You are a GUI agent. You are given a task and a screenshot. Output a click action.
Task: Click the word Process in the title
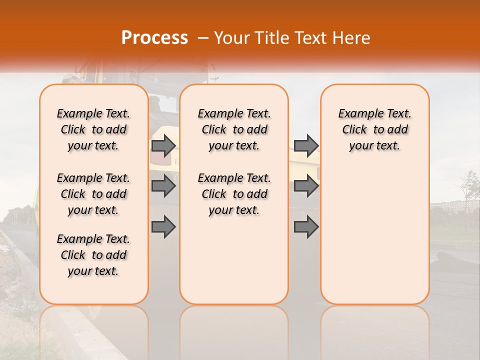154,38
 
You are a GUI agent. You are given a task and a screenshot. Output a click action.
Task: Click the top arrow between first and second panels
163,146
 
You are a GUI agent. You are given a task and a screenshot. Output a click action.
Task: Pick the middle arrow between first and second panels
163,186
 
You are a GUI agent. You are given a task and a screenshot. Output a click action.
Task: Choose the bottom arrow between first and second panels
163,227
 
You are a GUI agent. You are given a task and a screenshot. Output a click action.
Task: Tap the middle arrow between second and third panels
306,186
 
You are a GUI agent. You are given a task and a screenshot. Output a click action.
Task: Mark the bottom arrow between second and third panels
306,227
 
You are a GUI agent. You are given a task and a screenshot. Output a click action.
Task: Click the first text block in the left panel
93,129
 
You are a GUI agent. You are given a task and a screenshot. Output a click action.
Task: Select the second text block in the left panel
93,194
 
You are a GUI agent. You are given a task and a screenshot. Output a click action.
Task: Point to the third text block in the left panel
93,255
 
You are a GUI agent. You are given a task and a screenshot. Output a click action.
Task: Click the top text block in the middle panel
234,129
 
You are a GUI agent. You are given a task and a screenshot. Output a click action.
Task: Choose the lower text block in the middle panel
234,194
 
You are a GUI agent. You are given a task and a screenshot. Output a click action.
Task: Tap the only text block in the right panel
375,129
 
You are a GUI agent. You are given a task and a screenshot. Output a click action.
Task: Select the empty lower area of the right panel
375,235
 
